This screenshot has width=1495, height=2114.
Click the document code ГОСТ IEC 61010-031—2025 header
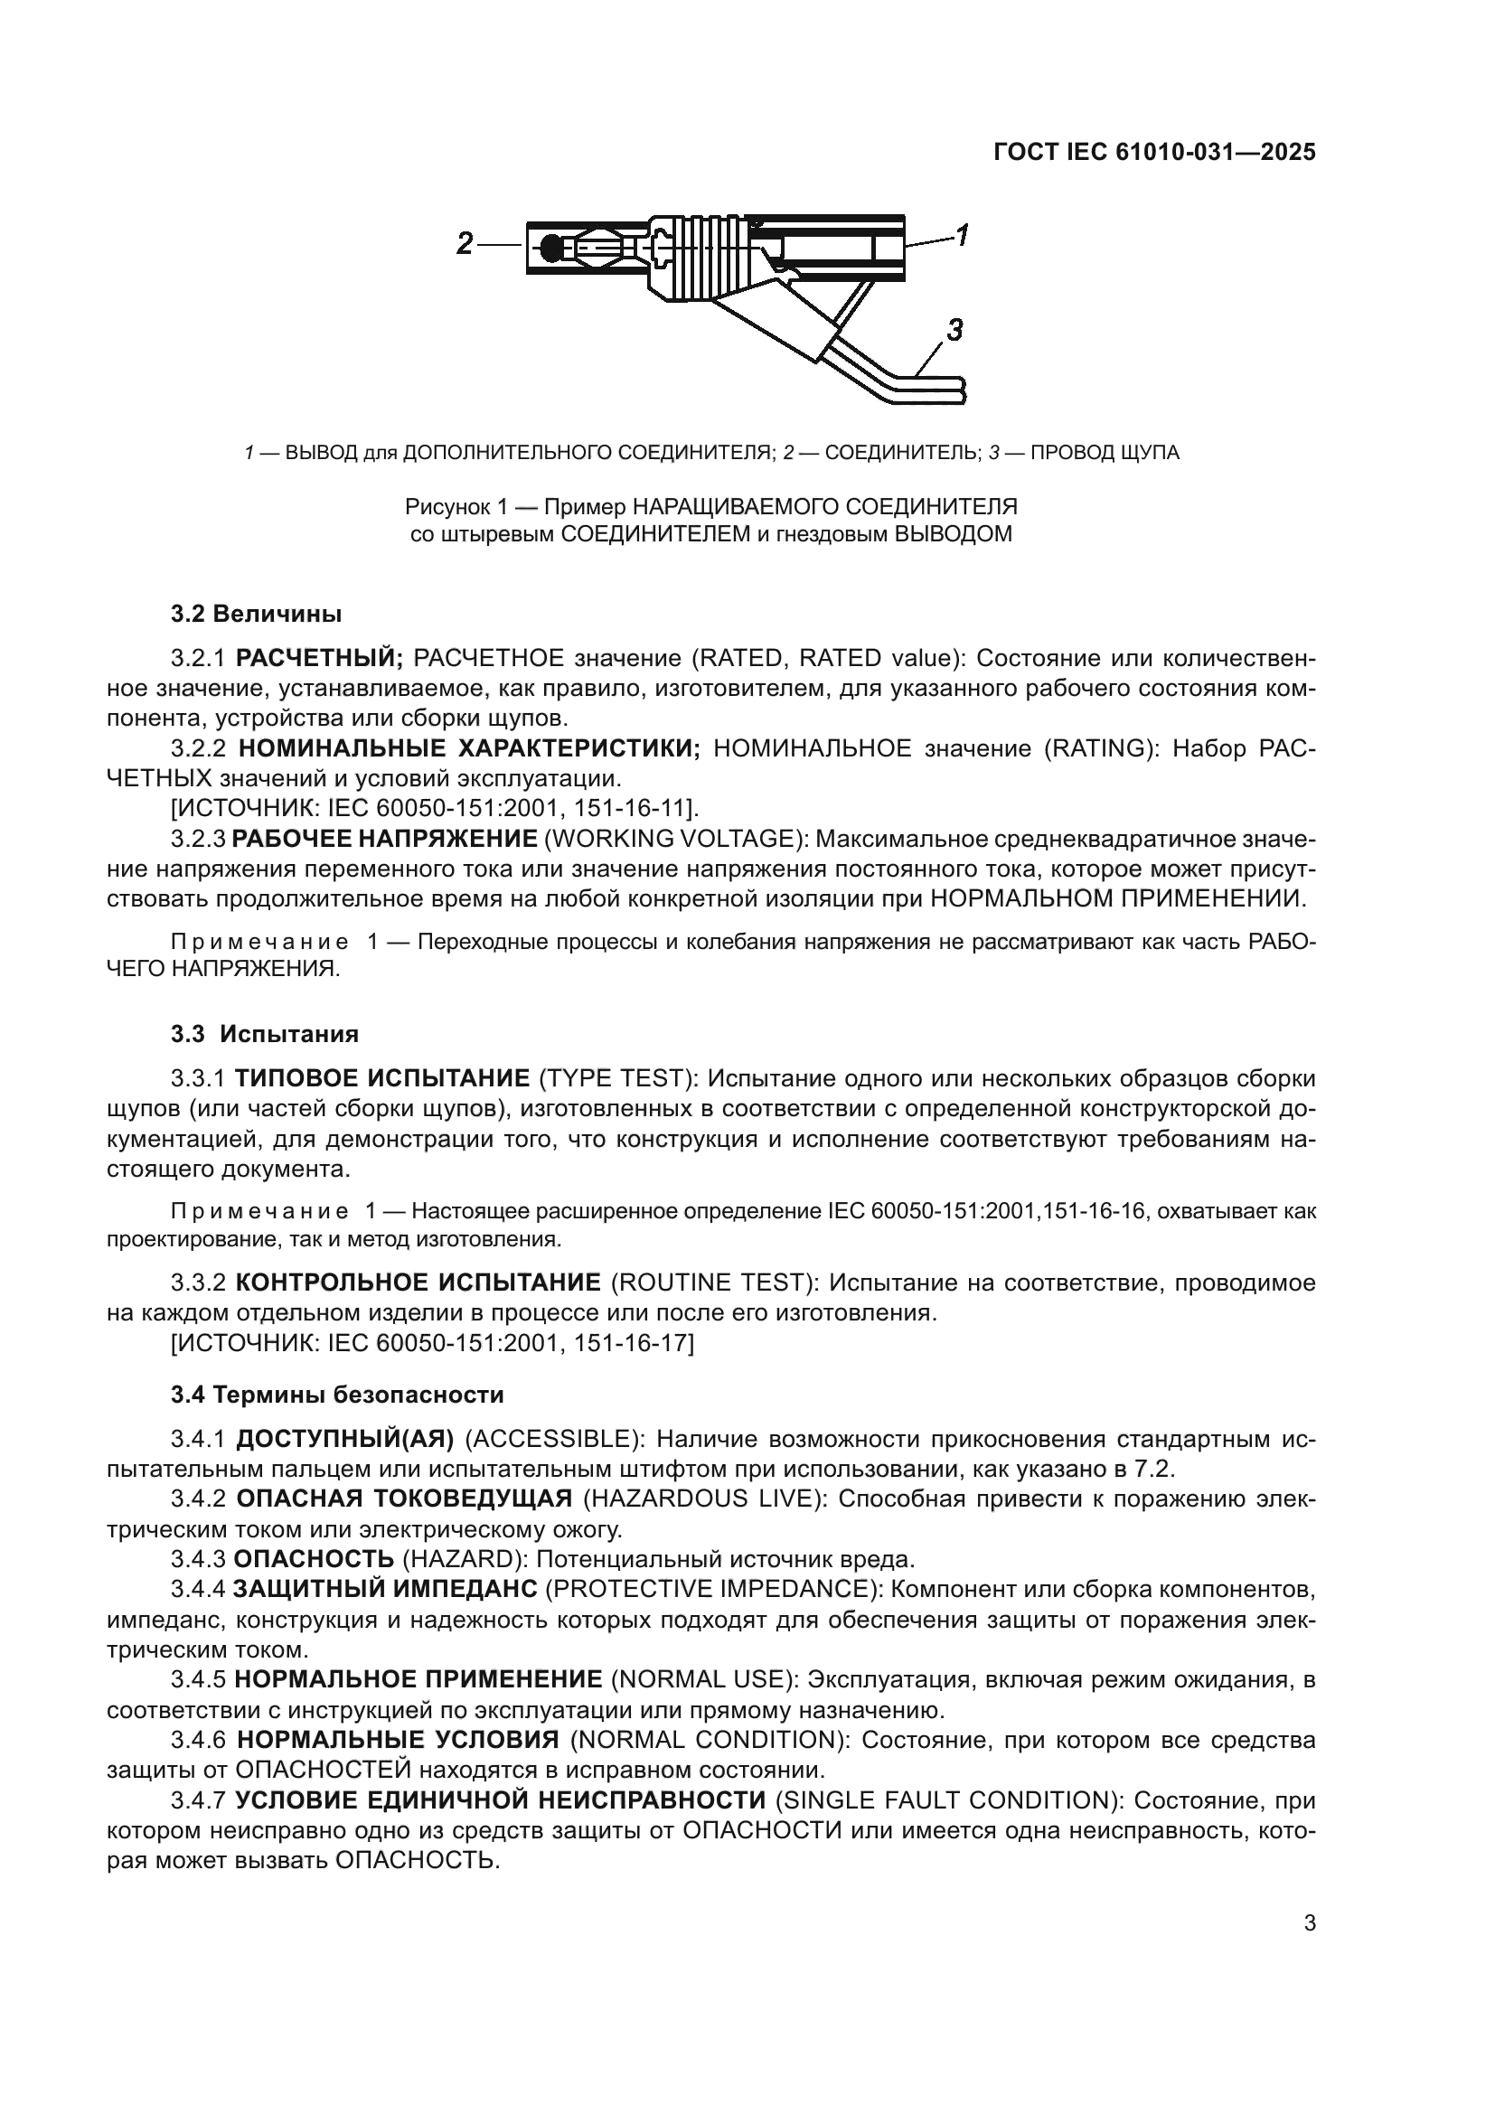click(x=1154, y=153)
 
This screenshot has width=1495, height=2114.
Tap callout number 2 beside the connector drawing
click(x=465, y=244)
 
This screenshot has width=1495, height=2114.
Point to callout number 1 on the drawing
click(x=961, y=236)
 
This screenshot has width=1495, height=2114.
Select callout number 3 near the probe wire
click(x=954, y=330)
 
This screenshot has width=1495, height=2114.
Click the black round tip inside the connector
click(x=550, y=248)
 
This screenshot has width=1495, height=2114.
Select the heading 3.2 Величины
click(x=256, y=613)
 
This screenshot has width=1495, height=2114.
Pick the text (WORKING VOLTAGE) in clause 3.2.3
click(x=676, y=839)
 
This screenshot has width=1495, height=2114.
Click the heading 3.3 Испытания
click(x=264, y=1034)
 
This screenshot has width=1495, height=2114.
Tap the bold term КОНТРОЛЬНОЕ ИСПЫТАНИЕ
click(x=418, y=1282)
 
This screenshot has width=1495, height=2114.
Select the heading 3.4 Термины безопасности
click(x=337, y=1395)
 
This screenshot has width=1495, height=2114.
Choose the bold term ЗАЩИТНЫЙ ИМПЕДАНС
click(x=385, y=1589)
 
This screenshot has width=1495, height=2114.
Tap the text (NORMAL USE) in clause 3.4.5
click(x=704, y=1679)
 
